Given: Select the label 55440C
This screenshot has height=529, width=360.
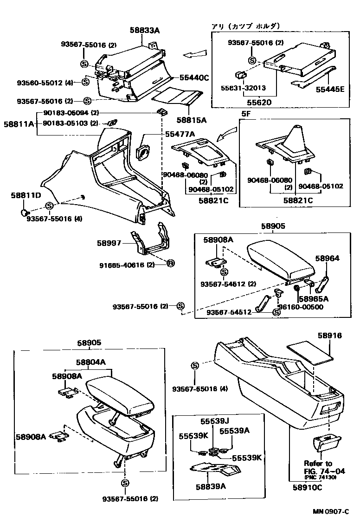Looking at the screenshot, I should [x=191, y=78].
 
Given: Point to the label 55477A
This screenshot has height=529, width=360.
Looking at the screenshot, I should [x=180, y=134].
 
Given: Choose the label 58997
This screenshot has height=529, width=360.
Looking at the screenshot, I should [x=109, y=243].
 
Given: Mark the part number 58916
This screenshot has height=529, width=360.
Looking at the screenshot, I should [x=330, y=335].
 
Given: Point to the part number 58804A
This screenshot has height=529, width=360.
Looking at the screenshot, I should [x=91, y=362].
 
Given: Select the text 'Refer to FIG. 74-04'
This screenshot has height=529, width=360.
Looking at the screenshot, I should [x=318, y=467].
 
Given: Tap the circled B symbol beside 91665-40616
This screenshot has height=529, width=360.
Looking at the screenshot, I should [x=170, y=264].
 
